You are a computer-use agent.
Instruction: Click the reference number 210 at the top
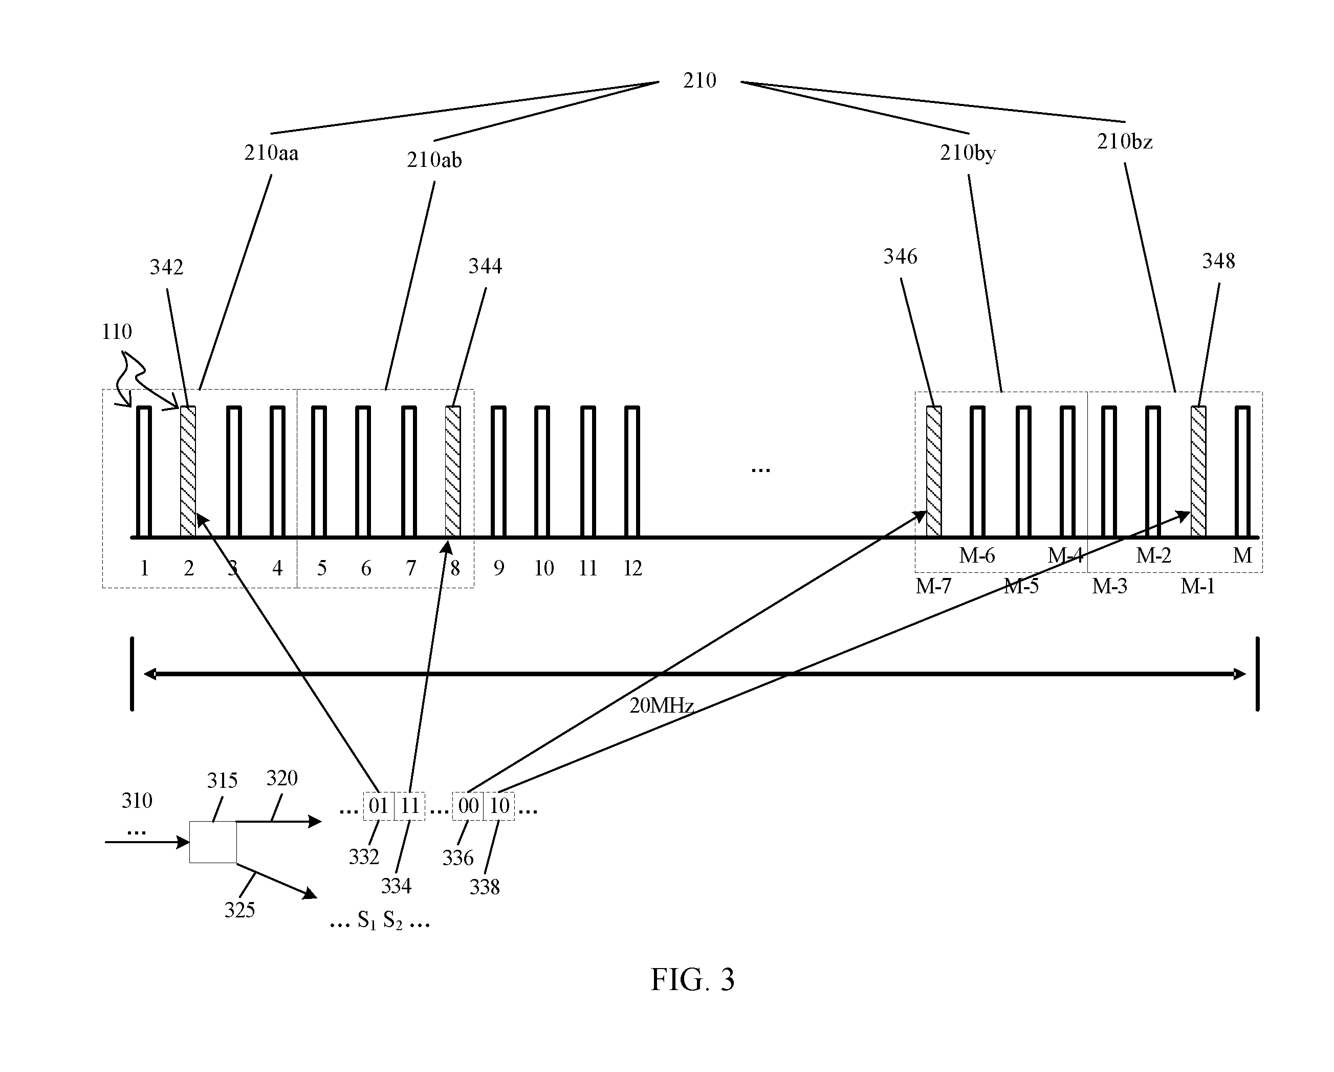pos(699,80)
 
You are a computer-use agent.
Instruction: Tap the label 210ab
pos(434,160)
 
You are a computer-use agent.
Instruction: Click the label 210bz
pos(1124,142)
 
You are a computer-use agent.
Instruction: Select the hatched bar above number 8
pos(453,471)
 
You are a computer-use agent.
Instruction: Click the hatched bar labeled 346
pos(934,471)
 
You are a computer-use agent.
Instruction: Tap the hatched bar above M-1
pos(1198,471)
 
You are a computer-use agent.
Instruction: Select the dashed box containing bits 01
pos(379,806)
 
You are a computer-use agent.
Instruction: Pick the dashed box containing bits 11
pos(409,806)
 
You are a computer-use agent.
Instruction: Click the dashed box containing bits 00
pos(468,806)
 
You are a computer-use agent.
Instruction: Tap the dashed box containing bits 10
pos(499,806)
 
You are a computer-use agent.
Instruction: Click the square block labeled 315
pos(213,842)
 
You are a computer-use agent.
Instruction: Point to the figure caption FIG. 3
pos(692,980)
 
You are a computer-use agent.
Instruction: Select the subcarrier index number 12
pos(632,568)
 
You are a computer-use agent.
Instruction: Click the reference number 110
pos(117,332)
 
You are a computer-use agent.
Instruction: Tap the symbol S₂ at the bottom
pos(393,921)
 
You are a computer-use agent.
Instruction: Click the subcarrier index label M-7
pos(933,586)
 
